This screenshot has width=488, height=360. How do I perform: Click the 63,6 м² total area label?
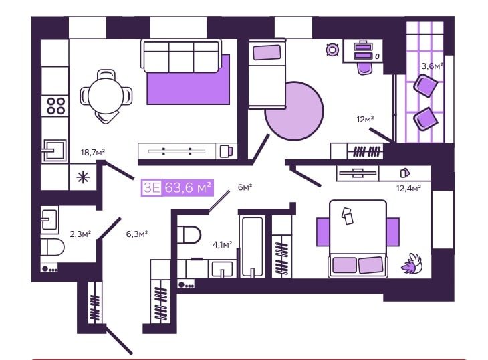point(188,188)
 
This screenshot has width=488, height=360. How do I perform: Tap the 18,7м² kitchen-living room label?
point(93,153)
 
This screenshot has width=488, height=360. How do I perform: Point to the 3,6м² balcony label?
point(433,66)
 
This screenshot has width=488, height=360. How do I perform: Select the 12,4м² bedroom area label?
point(408,188)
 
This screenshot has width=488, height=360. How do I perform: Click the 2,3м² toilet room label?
point(80,234)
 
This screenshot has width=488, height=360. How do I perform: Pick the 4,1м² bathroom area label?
point(222,244)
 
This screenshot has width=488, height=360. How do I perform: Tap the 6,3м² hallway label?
point(136,234)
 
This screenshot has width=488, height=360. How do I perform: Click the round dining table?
point(106,96)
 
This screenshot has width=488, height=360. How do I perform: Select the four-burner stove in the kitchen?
point(55,106)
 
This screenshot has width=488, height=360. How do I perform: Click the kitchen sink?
point(55,151)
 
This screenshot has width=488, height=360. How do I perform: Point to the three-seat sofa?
point(181,56)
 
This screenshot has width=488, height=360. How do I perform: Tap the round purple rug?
point(294,111)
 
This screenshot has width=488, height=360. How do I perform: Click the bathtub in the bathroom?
point(253,246)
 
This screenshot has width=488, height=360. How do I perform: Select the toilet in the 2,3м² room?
point(52,248)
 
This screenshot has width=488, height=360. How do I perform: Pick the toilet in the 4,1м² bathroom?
point(189,234)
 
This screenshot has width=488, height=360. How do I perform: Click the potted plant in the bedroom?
point(411,264)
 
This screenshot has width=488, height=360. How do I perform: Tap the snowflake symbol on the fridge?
point(83,177)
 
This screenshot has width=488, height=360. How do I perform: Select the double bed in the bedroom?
point(358,239)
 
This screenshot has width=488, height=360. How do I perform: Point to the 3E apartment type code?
point(152,188)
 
